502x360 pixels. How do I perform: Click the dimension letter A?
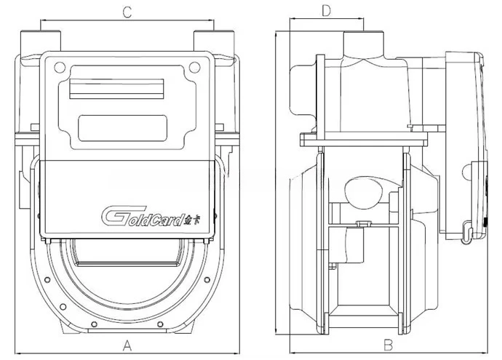(127, 346)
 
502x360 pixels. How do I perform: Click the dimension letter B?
(388, 345)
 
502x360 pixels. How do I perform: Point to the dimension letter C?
(127, 12)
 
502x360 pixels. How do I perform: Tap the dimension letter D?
(326, 11)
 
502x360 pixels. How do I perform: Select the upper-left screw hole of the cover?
(60, 68)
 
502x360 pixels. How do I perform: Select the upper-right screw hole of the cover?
(194, 68)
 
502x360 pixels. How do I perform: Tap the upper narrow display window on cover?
(117, 89)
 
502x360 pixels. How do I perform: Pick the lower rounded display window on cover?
(123, 128)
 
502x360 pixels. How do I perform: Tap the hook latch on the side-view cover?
(468, 232)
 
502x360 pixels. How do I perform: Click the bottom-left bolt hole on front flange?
(94, 324)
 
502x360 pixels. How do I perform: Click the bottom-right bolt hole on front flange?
(160, 324)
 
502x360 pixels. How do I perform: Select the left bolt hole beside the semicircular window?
(47, 280)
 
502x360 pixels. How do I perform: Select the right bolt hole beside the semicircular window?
(207, 280)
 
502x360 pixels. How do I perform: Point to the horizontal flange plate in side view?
(364, 139)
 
